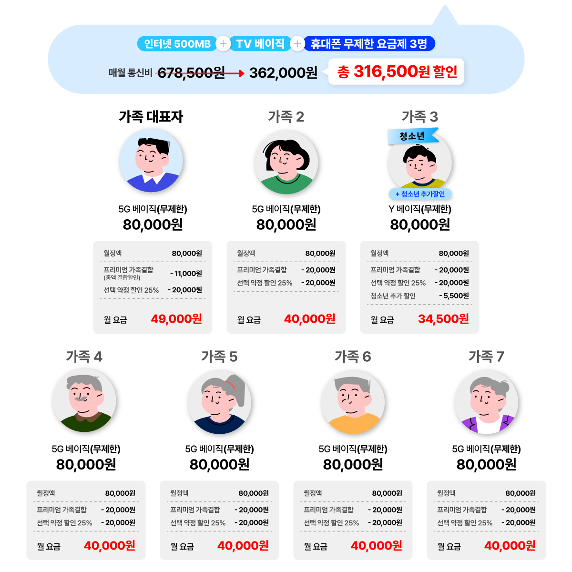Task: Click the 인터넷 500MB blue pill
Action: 177,44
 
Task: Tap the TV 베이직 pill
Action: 260,44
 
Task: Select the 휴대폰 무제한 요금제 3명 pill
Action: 369,44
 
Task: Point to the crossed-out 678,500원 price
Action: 191,72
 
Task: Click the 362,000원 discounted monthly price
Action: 283,72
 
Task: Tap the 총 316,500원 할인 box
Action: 397,72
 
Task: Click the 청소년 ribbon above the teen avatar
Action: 412,136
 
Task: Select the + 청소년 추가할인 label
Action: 419,194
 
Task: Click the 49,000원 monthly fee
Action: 176,319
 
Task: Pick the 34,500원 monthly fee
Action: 443,319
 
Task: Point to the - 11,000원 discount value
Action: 186,274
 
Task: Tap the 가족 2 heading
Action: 286,117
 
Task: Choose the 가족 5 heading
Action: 219,357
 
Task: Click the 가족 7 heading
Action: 486,357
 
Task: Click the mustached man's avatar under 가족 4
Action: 84,400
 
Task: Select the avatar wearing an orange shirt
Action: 353,402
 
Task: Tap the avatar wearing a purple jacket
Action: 486,402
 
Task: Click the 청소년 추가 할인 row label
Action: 393,296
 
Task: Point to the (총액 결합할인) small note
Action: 122,278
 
